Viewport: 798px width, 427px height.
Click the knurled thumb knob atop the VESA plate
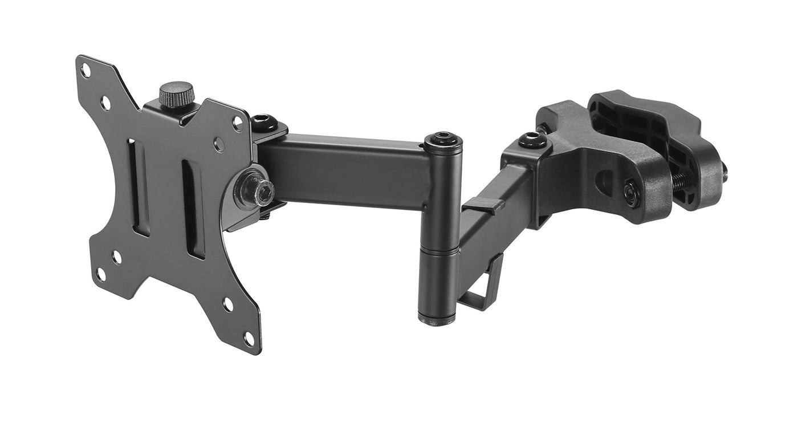point(177,94)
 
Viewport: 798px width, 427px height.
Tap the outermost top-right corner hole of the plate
point(238,121)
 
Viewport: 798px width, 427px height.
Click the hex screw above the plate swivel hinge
point(263,120)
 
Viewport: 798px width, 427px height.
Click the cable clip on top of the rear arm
point(481,204)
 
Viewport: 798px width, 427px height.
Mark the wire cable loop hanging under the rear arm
point(483,288)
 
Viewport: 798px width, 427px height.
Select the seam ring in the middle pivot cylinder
point(438,250)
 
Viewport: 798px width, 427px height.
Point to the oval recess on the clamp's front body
point(604,184)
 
